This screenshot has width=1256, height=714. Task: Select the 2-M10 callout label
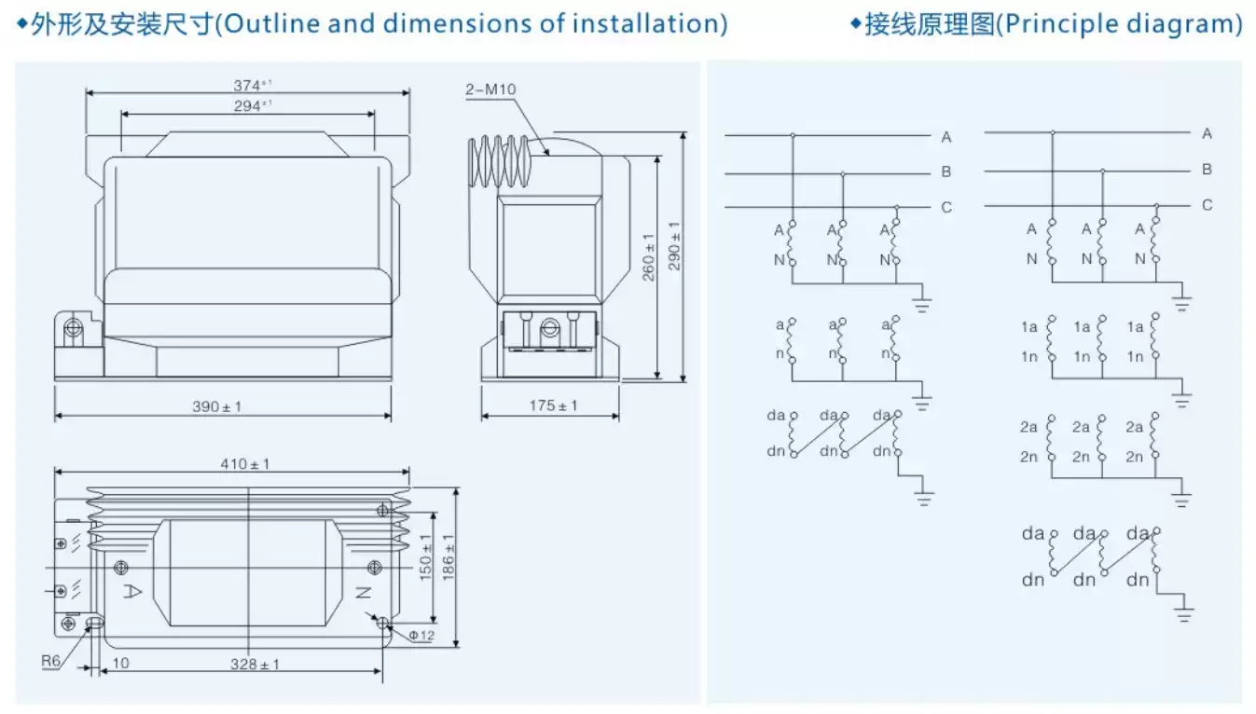pyautogui.click(x=490, y=89)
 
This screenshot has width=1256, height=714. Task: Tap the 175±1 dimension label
pyautogui.click(x=553, y=405)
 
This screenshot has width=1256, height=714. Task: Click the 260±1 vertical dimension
pyautogui.click(x=650, y=251)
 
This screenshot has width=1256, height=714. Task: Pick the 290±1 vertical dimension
pyautogui.click(x=674, y=245)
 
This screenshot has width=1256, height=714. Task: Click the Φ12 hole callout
pyautogui.click(x=421, y=636)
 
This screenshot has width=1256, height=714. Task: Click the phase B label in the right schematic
pyautogui.click(x=1207, y=170)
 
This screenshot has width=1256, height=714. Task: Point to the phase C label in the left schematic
pyautogui.click(x=946, y=207)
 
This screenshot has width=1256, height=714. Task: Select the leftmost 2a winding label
pyautogui.click(x=1028, y=427)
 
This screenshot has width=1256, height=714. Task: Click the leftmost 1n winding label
pyautogui.click(x=1028, y=357)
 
